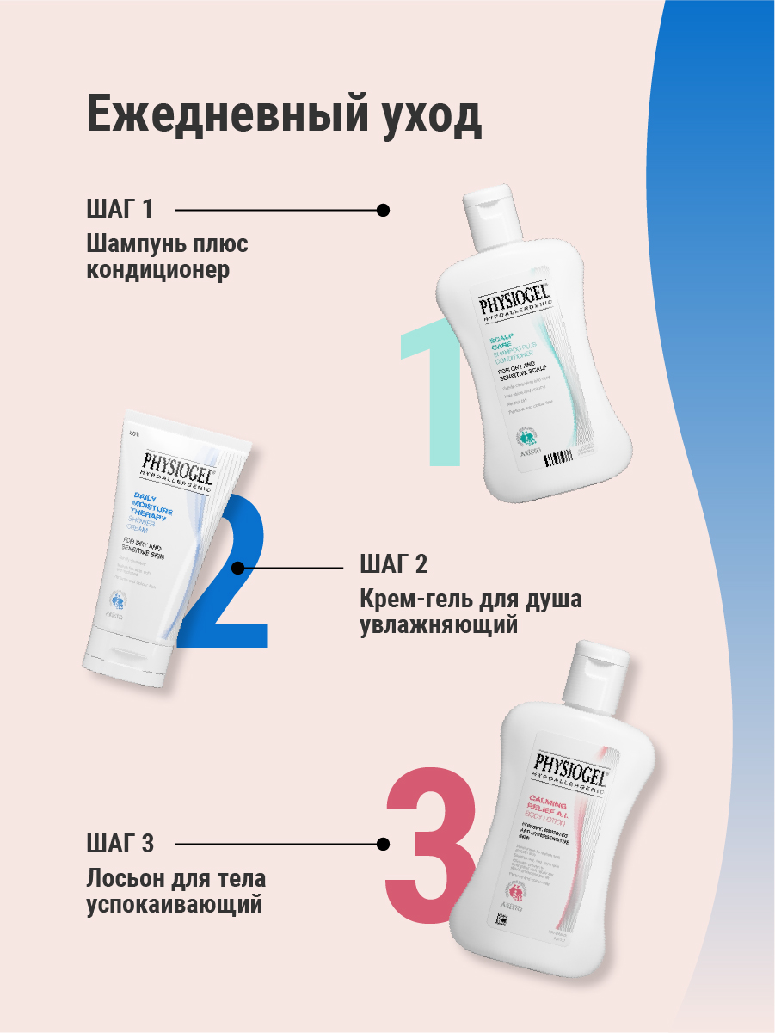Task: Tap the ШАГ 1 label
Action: (x=120, y=209)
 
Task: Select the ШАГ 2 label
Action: (x=393, y=565)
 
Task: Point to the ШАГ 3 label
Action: (x=120, y=843)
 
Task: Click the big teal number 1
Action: (x=434, y=391)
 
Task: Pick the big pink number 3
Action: (x=430, y=843)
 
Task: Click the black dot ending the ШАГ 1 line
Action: (x=384, y=209)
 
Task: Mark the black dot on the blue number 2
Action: (x=239, y=568)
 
